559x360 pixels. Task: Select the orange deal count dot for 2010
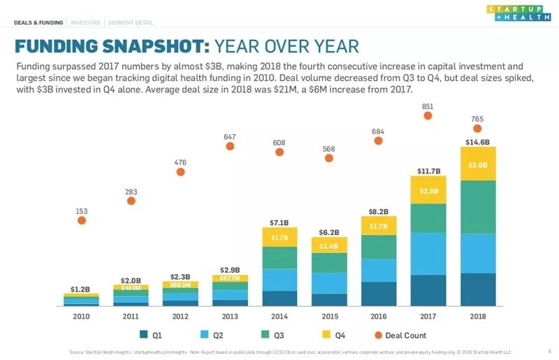(x=81, y=219)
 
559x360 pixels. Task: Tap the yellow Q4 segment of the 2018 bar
(x=478, y=164)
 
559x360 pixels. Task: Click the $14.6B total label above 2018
(x=478, y=142)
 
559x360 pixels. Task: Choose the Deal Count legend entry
(x=400, y=336)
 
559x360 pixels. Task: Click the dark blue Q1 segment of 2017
(x=428, y=290)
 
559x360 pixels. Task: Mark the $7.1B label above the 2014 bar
(x=279, y=222)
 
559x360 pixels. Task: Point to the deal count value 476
(x=180, y=162)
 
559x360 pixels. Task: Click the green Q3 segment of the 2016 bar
(x=379, y=246)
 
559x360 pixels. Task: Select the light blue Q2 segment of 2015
(x=328, y=282)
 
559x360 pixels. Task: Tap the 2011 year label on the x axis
(x=131, y=317)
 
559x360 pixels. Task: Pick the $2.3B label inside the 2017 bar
(x=428, y=191)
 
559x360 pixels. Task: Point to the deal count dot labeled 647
(x=230, y=145)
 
